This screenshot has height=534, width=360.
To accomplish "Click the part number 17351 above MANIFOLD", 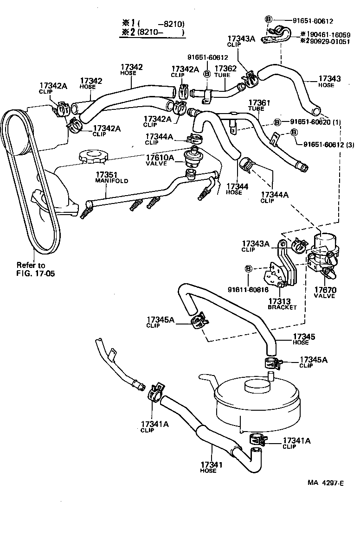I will click(105, 175).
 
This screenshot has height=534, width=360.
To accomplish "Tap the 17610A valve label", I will click(159, 160).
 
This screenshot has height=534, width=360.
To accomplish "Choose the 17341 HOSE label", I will click(209, 467).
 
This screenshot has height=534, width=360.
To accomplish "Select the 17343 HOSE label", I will click(329, 82).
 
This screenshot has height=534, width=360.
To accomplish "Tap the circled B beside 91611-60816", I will click(249, 268).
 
